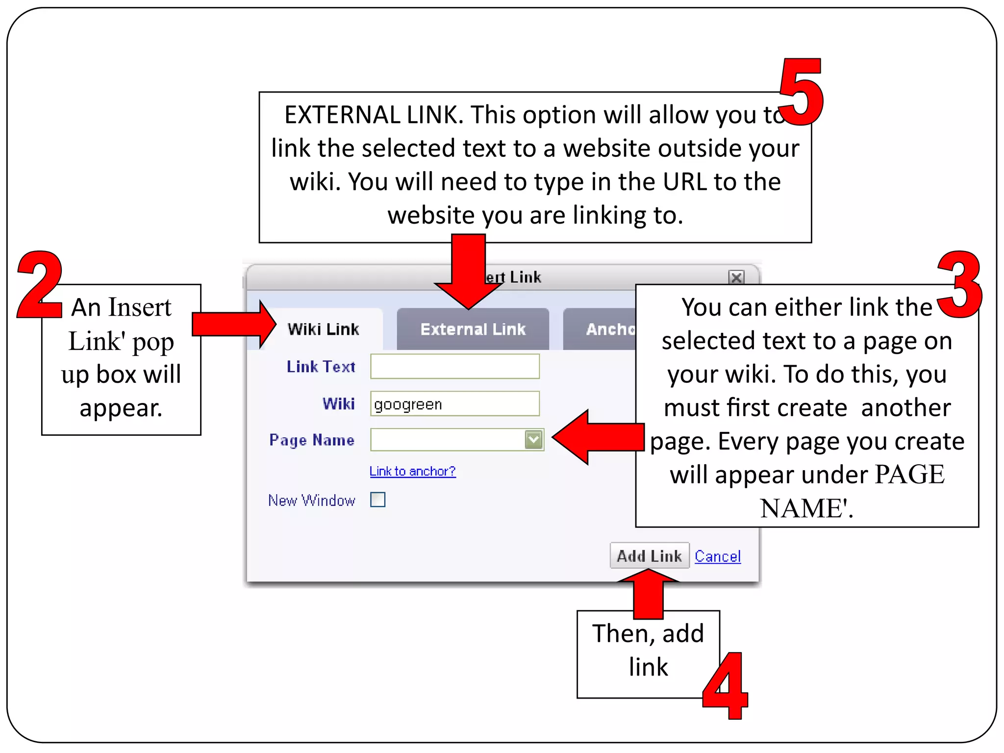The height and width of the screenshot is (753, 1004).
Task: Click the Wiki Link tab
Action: point(323,329)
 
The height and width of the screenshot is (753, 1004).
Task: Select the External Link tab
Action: point(473,329)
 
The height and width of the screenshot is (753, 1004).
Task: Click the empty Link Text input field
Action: point(454,366)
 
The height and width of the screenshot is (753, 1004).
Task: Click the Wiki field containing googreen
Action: point(454,404)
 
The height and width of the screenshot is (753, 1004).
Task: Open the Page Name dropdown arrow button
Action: point(533,440)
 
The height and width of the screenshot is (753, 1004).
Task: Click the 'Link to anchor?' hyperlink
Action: point(412,471)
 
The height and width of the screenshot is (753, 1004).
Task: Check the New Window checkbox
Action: point(377,500)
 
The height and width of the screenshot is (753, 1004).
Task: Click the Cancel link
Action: point(717,556)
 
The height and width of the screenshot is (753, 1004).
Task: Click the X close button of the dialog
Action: point(736,277)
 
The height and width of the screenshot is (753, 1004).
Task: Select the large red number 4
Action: point(726,686)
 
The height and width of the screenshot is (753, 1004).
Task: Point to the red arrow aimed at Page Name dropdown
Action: point(598,437)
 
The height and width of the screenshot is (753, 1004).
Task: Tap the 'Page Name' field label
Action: point(312,440)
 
